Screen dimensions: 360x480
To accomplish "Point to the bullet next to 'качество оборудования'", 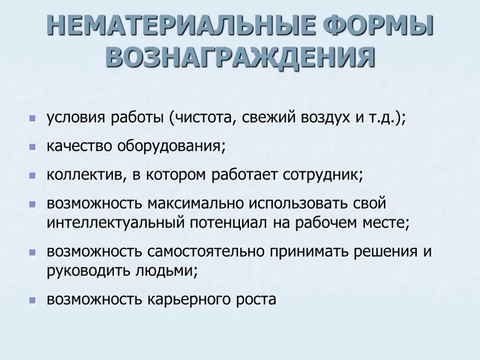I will [32, 147].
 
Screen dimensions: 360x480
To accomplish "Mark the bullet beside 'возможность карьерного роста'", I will [32, 300].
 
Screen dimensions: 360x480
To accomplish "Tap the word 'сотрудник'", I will [322, 175].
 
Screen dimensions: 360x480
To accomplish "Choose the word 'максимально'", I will [196, 204].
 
